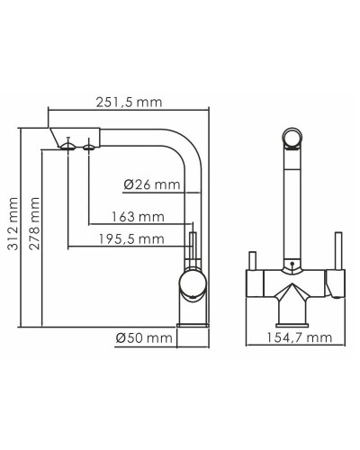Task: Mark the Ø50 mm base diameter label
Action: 144,338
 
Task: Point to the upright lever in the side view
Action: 191,248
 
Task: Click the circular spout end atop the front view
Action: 291,138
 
